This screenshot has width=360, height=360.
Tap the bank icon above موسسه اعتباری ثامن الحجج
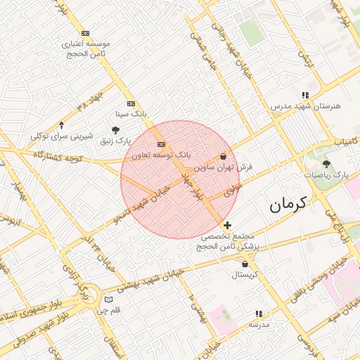[85, 33]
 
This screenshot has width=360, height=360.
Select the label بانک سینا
[131, 112]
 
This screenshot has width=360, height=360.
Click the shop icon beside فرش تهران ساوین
[224, 157]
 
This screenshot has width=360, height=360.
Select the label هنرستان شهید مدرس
[305, 105]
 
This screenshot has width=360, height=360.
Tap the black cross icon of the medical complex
[227, 225]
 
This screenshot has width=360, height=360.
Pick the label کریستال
[244, 274]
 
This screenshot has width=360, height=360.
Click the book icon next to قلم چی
[108, 300]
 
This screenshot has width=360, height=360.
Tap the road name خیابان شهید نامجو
[143, 203]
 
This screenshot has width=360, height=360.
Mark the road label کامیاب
[345, 141]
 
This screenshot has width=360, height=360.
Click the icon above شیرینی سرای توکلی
[62, 124]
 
